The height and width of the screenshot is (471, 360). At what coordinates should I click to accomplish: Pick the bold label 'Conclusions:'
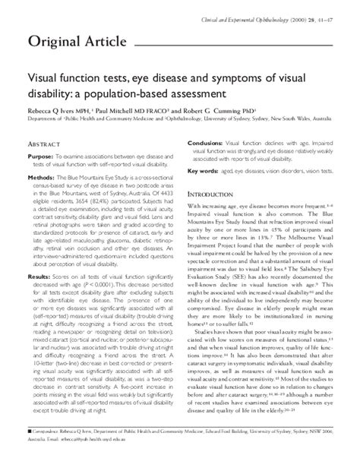pos(204,142)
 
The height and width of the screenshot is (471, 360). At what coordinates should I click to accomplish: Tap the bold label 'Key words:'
pos(204,172)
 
